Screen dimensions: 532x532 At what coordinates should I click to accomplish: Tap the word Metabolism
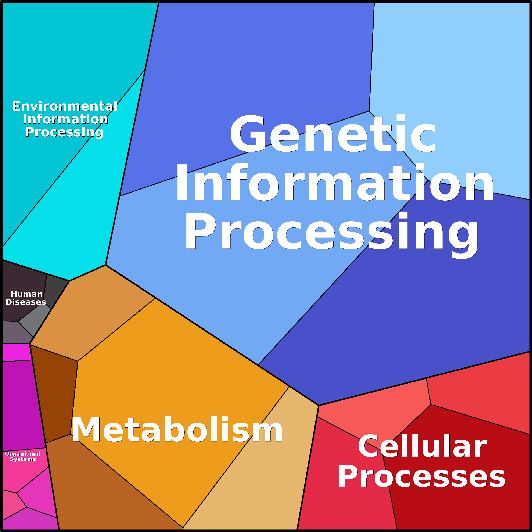click(x=177, y=430)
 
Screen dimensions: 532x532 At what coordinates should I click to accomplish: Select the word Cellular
click(x=423, y=446)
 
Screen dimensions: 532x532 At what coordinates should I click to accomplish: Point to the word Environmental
click(x=65, y=106)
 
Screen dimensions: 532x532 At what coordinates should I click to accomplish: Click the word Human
click(x=26, y=294)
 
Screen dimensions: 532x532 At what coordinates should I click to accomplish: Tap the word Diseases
click(x=26, y=302)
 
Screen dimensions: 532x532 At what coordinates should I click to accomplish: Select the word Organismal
click(x=23, y=453)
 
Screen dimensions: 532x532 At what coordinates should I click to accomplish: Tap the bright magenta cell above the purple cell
click(x=17, y=353)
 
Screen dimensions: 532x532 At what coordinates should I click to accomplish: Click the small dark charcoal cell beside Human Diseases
click(x=55, y=289)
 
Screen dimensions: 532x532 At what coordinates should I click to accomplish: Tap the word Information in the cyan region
click(x=65, y=119)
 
